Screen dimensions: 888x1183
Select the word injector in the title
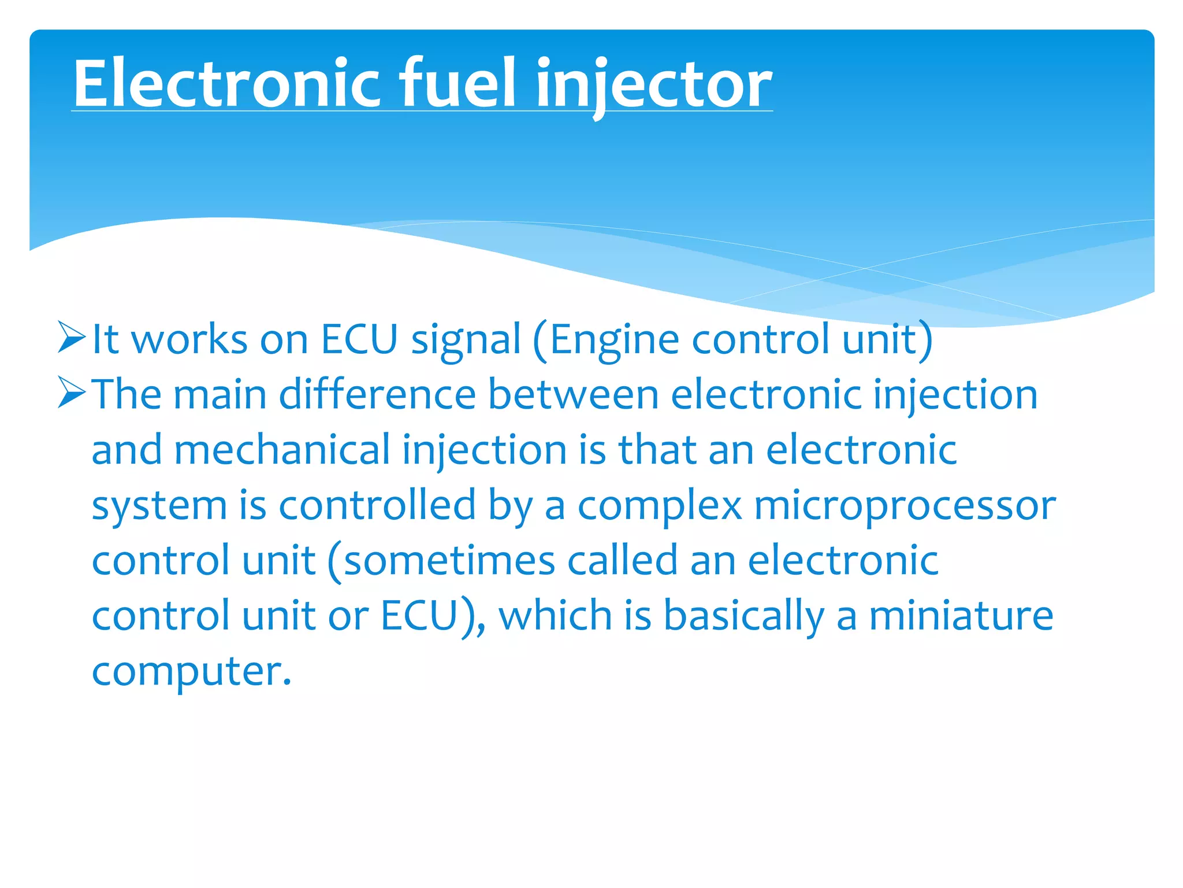click(x=653, y=86)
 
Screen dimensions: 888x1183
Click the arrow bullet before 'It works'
click(x=72, y=339)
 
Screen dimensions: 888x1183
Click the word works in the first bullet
click(x=189, y=339)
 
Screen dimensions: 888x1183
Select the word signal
click(x=466, y=341)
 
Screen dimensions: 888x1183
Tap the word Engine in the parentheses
click(x=614, y=341)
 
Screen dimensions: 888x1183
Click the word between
click(x=573, y=395)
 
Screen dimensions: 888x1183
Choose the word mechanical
click(x=282, y=450)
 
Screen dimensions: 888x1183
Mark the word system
click(x=159, y=506)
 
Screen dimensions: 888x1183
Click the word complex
click(x=659, y=506)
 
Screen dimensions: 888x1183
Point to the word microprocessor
click(x=905, y=506)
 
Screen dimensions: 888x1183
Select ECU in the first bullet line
click(x=359, y=339)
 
